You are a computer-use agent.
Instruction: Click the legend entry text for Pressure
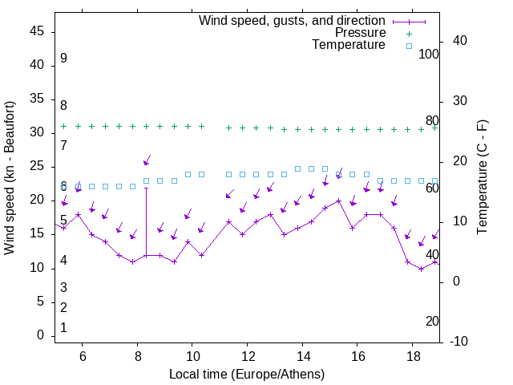360,33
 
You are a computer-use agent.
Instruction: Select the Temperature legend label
349,46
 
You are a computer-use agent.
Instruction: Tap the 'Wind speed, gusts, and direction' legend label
293,20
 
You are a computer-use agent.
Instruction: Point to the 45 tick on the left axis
37,31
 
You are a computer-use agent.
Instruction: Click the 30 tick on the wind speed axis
37,132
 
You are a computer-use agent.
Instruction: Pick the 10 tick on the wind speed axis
37,268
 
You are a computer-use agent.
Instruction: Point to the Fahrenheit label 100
430,55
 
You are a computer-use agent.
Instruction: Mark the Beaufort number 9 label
63,59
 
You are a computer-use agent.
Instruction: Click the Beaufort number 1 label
63,327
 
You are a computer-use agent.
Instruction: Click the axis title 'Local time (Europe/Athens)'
247,374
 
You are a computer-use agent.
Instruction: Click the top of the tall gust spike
146,188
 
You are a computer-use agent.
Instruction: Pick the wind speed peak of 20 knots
339,201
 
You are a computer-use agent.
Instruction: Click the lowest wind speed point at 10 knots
421,269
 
